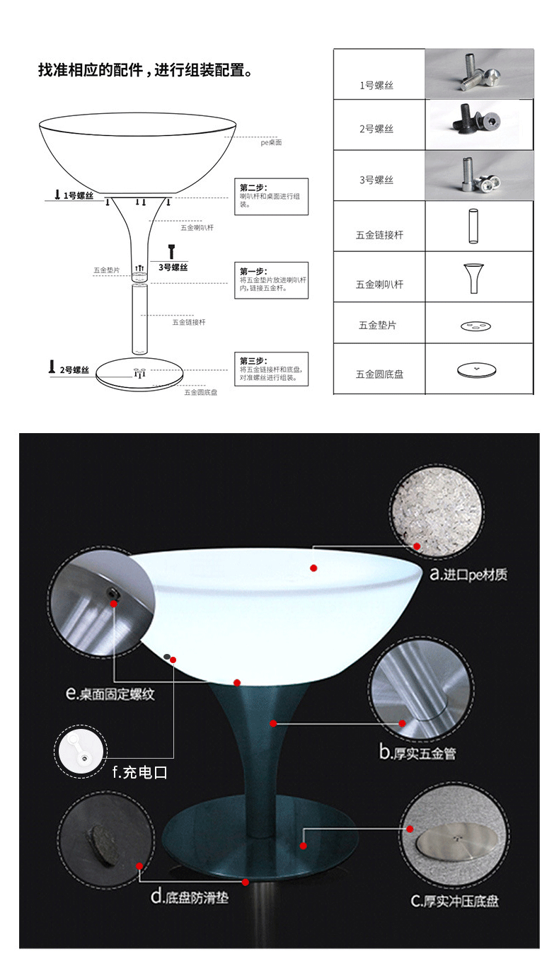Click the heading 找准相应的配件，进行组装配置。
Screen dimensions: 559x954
(145, 71)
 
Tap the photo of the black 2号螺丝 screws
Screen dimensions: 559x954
(478, 125)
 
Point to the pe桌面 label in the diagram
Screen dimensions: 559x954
(271, 143)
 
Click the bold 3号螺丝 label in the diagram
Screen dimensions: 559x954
(173, 267)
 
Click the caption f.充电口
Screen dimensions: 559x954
(139, 772)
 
